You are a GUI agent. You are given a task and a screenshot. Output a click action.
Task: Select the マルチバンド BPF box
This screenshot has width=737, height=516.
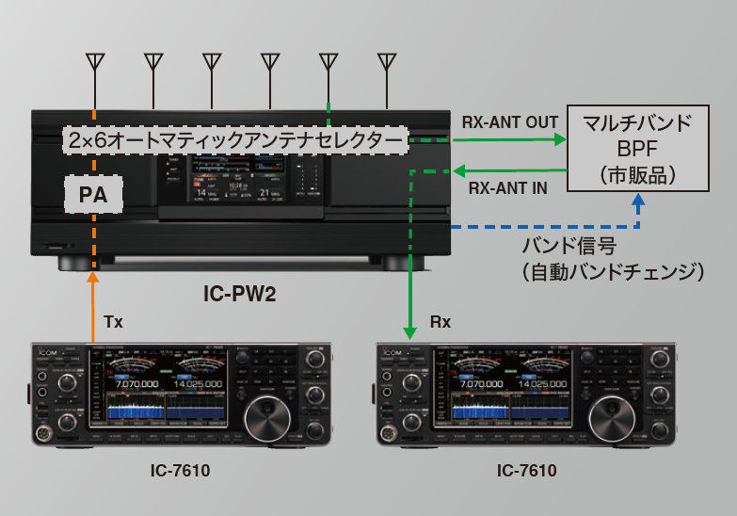click(x=637, y=148)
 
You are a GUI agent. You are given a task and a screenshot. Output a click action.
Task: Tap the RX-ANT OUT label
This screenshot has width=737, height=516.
click(x=510, y=122)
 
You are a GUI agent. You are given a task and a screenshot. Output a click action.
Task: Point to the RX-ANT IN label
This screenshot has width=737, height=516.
click(x=508, y=187)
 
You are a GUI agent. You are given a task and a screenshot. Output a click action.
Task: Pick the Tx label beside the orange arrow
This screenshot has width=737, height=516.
click(x=113, y=322)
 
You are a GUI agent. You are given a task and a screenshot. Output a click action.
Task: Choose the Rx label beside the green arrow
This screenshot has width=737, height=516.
click(x=440, y=322)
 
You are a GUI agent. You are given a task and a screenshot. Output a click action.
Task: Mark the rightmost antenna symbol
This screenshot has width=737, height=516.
click(x=386, y=63)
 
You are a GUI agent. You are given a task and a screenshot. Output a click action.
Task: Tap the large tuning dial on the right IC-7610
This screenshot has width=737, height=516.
click(x=608, y=413)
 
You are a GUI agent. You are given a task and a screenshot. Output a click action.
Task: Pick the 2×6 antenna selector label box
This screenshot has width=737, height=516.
click(x=235, y=140)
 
